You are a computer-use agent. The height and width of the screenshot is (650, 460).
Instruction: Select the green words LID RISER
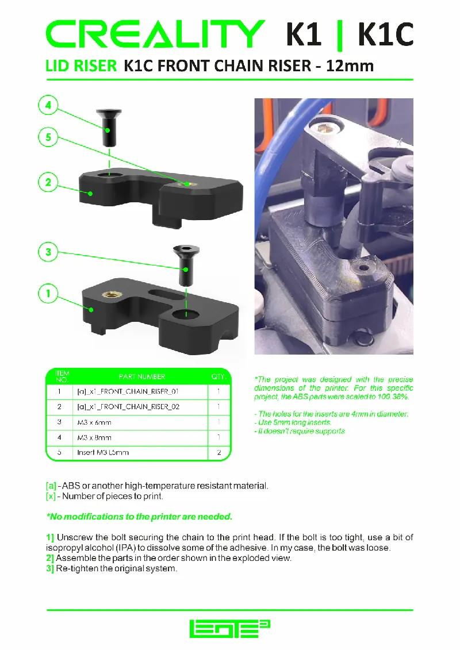pyautogui.click(x=80, y=66)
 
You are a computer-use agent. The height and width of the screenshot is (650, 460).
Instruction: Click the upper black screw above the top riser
pyautogui.click(x=109, y=127)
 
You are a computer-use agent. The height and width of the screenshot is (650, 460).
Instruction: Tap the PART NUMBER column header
pyautogui.click(x=141, y=377)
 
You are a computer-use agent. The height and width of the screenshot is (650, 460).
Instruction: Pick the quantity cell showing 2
pyautogui.click(x=218, y=452)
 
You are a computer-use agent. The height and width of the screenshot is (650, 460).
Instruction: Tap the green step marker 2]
pyautogui.click(x=50, y=558)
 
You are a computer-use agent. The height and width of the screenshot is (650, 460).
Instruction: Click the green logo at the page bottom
pyautogui.click(x=230, y=629)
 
